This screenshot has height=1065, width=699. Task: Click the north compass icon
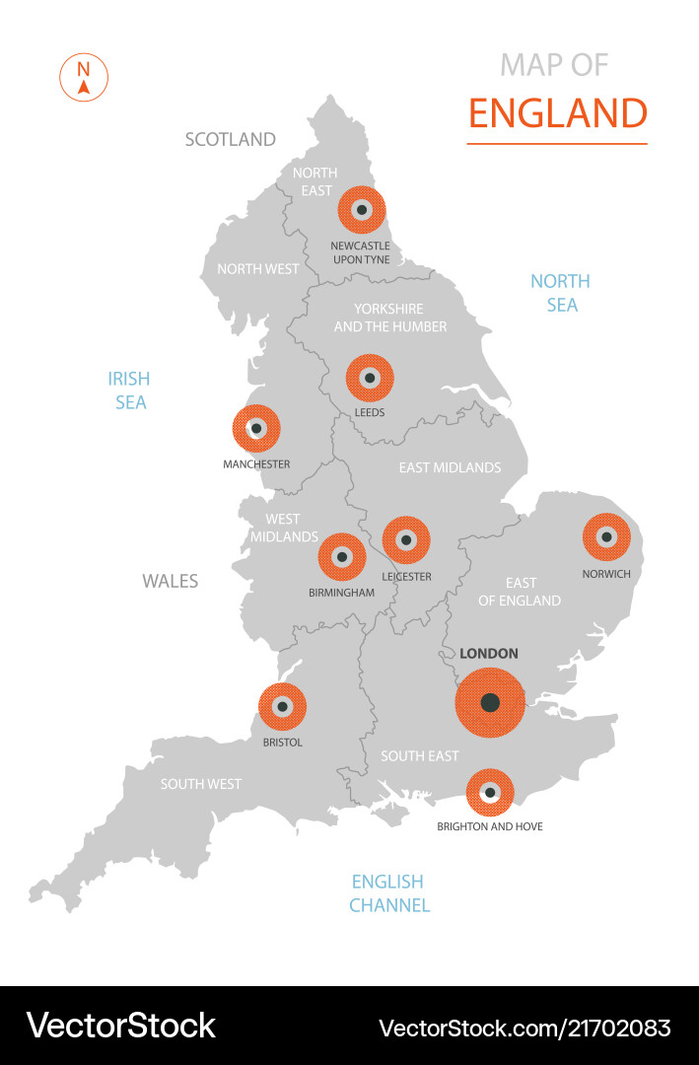click(x=84, y=78)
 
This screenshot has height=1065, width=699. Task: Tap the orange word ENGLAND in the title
click(x=557, y=113)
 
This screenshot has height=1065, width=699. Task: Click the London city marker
click(x=490, y=702)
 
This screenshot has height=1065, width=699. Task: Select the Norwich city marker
click(x=606, y=537)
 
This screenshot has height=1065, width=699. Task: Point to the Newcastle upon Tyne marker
click(x=362, y=209)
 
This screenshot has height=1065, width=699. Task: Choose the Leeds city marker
click(x=370, y=378)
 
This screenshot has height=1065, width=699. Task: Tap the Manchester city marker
click(x=256, y=429)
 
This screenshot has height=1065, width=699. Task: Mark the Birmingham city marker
click(x=342, y=557)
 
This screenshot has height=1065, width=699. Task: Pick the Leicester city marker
click(x=406, y=540)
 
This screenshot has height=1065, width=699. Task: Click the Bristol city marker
click(x=282, y=706)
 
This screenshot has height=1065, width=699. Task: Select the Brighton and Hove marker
click(x=490, y=792)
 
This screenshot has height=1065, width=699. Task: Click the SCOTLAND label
click(x=231, y=139)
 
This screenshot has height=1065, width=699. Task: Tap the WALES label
click(x=171, y=581)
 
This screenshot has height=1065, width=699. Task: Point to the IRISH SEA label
click(x=130, y=390)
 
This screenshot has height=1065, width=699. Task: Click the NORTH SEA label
click(x=561, y=293)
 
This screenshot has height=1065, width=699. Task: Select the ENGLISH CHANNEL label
click(x=388, y=892)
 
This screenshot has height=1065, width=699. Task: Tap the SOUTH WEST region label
click(x=201, y=784)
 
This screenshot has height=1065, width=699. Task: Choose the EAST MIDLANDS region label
click(x=450, y=467)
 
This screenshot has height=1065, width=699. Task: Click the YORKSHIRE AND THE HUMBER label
click(x=390, y=318)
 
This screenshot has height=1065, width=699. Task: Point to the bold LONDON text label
click(x=489, y=653)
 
